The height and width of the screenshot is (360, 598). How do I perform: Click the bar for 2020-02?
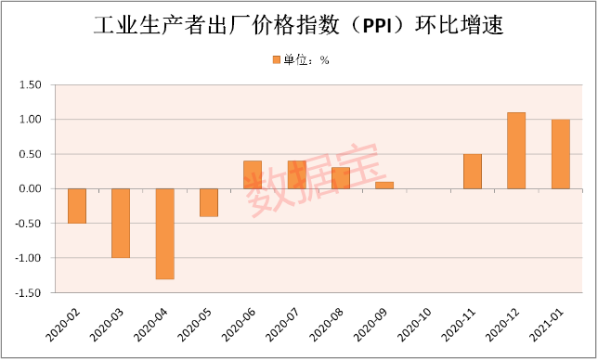pos(76,206)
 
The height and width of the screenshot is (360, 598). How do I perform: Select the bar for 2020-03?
pos(121,223)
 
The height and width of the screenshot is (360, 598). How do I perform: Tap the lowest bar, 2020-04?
pos(164,233)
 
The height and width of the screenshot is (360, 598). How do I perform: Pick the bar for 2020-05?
pos(209,202)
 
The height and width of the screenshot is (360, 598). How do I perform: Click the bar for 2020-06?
pos(253,174)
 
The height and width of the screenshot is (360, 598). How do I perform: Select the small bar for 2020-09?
pos(384,186)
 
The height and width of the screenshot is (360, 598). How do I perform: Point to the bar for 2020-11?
pos(473,172)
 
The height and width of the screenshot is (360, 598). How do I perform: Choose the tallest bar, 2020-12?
pos(516,150)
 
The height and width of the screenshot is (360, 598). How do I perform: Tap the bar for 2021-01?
pos(561,154)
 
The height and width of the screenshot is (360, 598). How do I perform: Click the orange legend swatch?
pos(275,60)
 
